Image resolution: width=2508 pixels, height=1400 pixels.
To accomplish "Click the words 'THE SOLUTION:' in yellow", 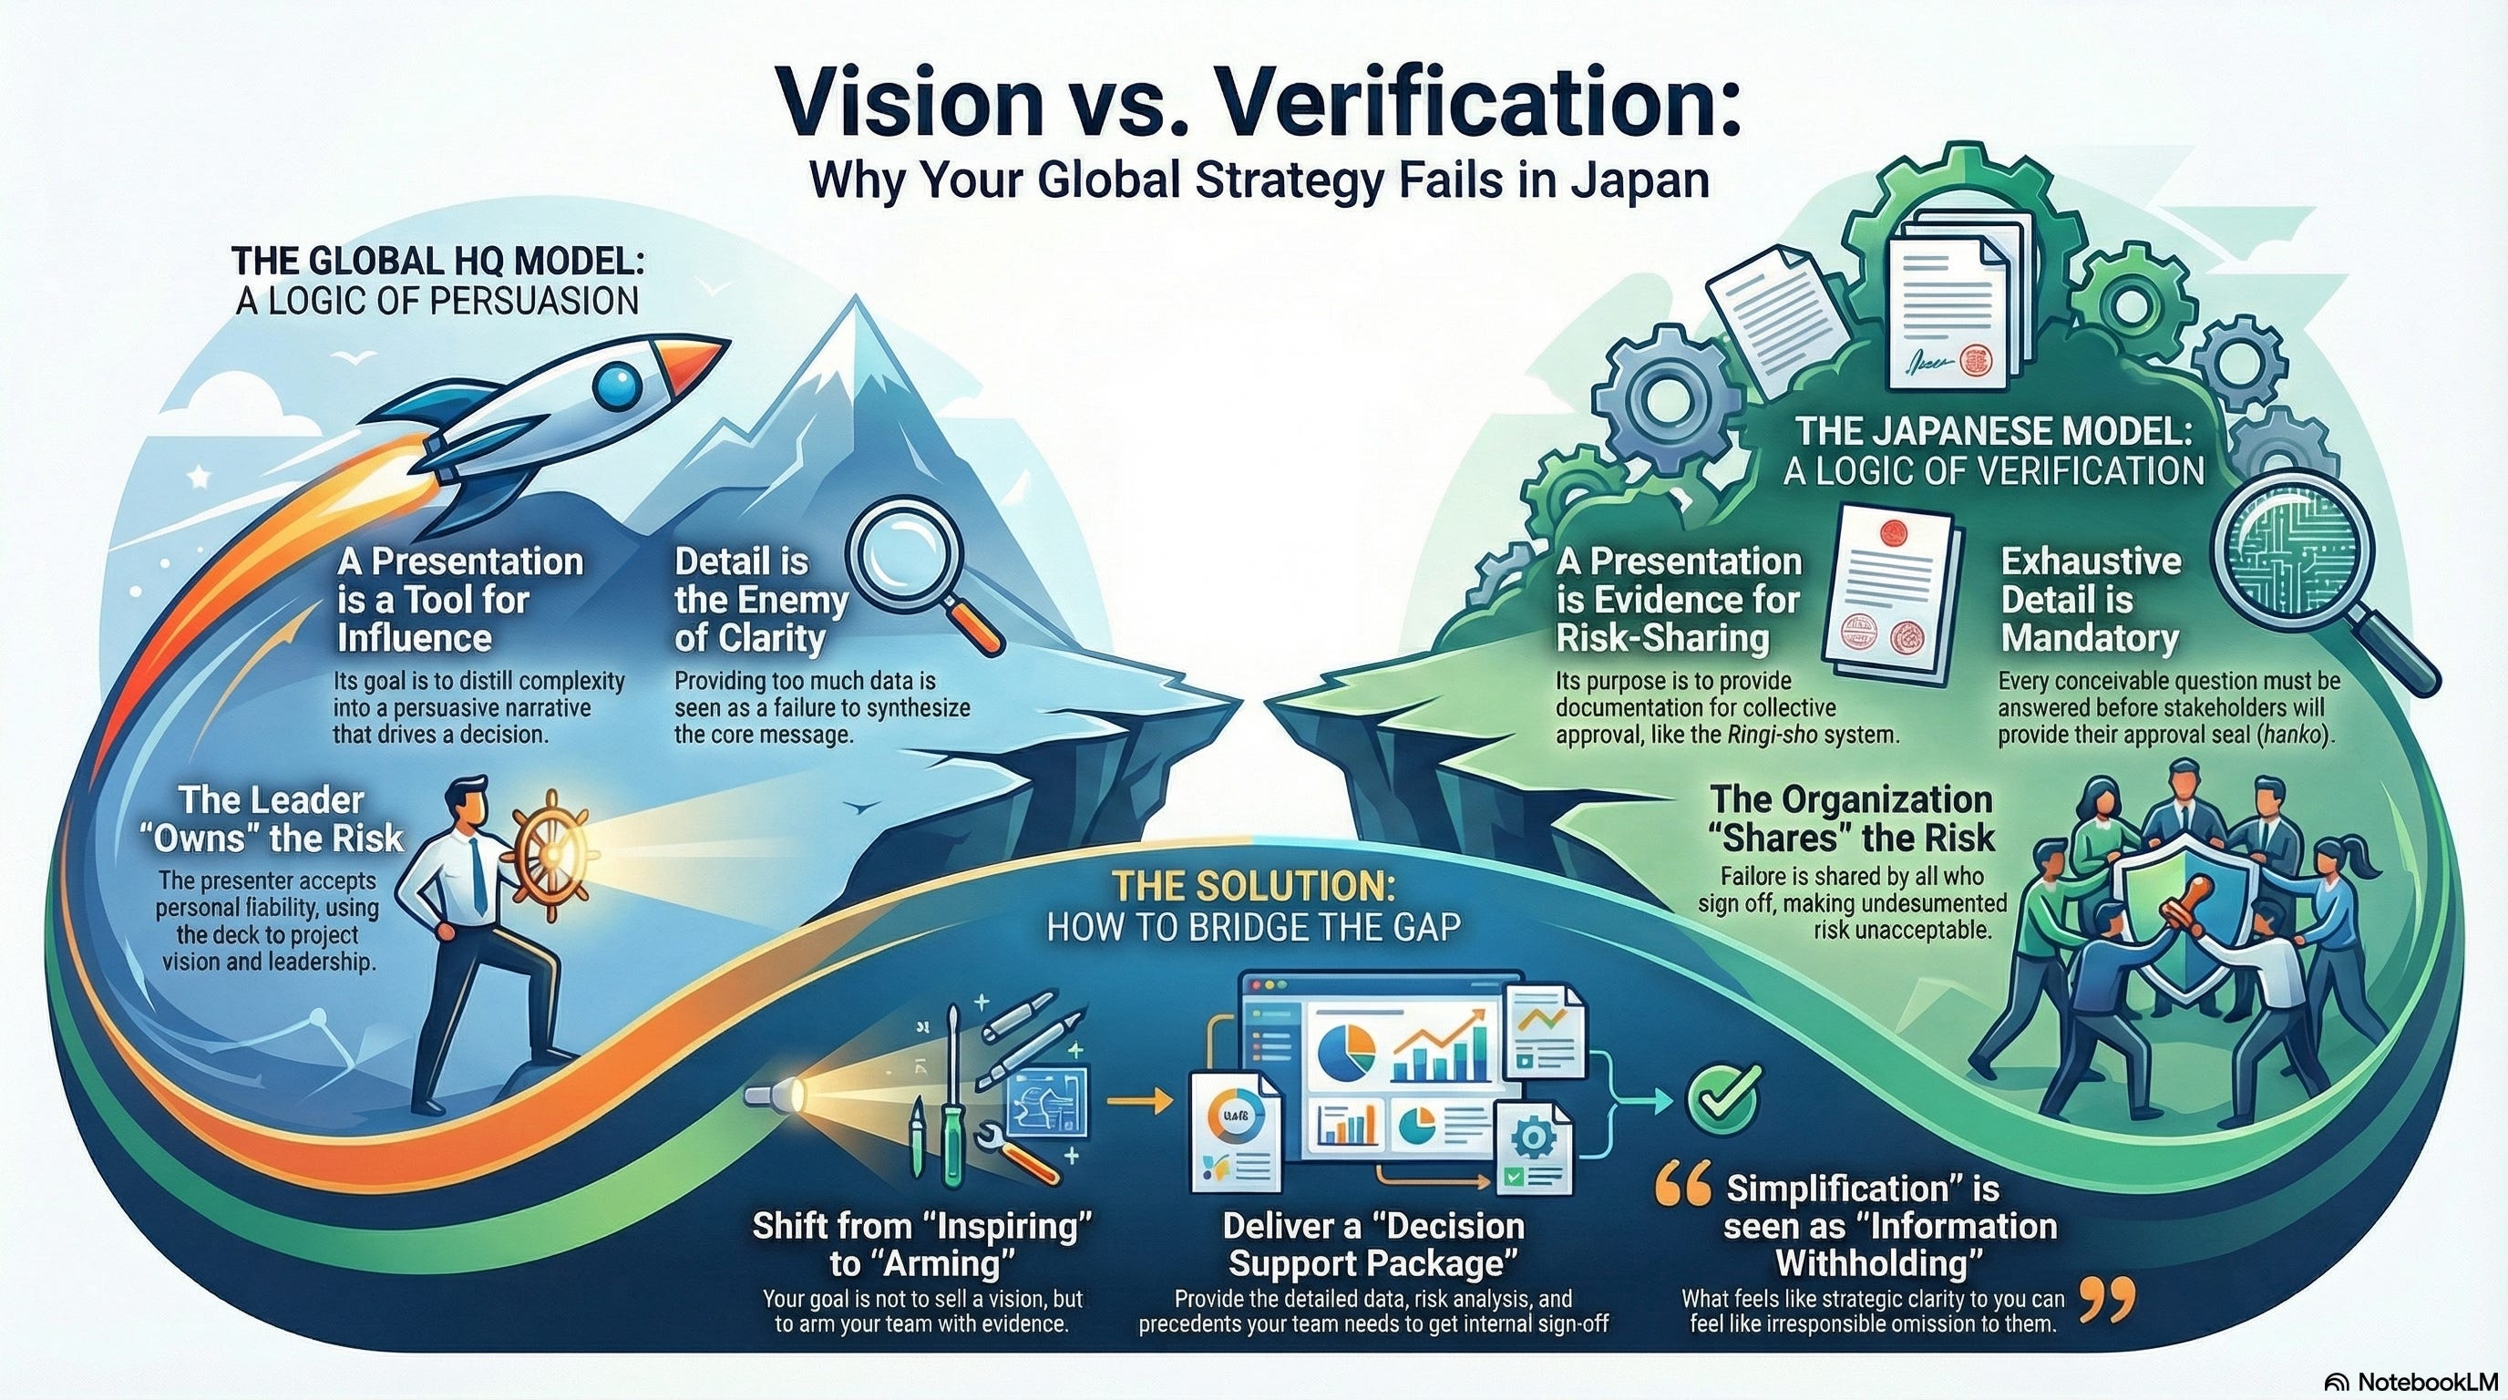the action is (1254, 887).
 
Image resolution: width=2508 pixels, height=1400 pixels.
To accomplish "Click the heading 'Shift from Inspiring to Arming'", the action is (921, 1243).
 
